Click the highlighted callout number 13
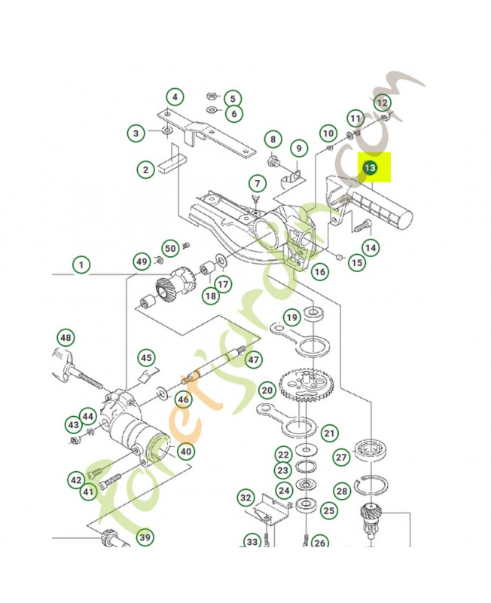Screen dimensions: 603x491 (x=369, y=167)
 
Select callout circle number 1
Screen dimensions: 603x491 (x=81, y=265)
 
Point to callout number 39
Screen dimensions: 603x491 (x=145, y=538)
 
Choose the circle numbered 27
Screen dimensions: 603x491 (x=341, y=458)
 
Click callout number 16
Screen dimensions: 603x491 (x=320, y=271)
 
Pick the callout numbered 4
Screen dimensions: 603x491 (x=174, y=97)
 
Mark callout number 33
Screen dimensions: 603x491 (x=252, y=542)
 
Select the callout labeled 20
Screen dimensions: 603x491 (x=267, y=390)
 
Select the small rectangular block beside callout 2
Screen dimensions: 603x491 (x=172, y=164)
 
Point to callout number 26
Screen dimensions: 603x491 (x=320, y=543)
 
